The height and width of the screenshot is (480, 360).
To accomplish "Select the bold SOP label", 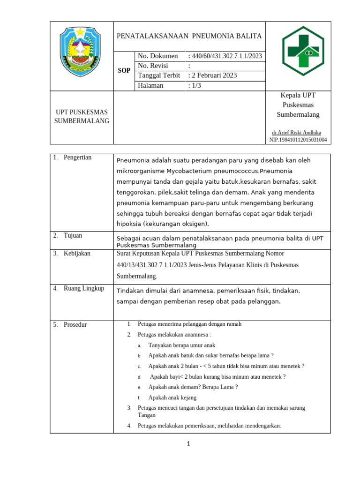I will click(124, 71).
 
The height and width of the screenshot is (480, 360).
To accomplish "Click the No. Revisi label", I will click(153, 66).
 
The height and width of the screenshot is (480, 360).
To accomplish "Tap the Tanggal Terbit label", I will click(159, 75).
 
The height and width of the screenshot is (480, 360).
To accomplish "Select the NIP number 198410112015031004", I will click(298, 140).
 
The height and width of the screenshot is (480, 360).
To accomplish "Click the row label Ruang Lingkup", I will click(84, 288).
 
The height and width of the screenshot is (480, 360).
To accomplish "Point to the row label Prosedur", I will click(75, 324).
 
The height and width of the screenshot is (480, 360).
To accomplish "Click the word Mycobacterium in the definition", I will click(187, 171).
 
